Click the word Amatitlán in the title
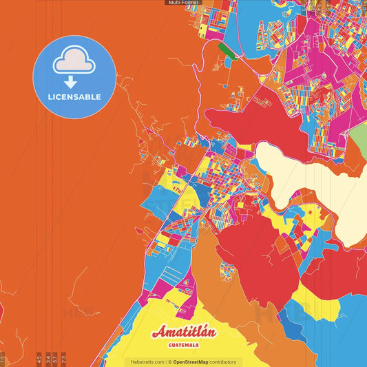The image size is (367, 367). click(x=184, y=331)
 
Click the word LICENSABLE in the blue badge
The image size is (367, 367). click(x=74, y=97)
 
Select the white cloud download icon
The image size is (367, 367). click(x=74, y=63)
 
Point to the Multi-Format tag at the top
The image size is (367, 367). click(x=183, y=3)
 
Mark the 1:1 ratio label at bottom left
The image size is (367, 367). click(x=3, y=358)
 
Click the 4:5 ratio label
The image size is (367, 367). click(x=39, y=358)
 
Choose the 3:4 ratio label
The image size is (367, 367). click(x=48, y=358)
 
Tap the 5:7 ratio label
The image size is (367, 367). click(x=55, y=358)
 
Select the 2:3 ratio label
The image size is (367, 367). click(x=63, y=358)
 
